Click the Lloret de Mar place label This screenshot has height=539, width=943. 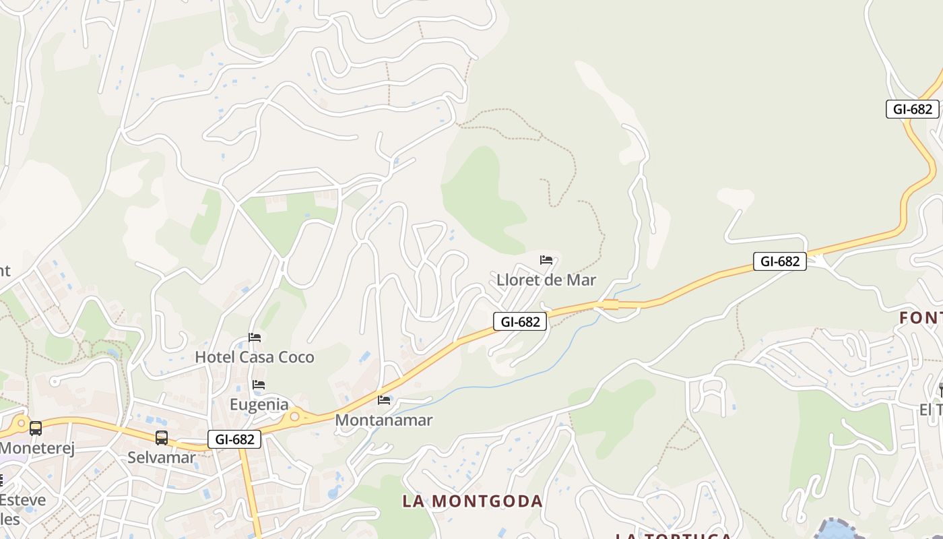coord(546,280)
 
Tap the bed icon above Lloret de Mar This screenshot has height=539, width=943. coord(546,260)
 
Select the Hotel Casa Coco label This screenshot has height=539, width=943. coord(255,357)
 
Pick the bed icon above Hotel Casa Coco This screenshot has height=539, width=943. coord(255,337)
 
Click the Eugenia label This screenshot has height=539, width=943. coord(259,405)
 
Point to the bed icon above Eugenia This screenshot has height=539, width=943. coord(259,385)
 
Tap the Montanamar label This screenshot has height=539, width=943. coord(384,420)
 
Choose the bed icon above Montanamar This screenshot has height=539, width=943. coord(384,400)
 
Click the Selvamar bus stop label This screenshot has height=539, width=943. coord(162,457)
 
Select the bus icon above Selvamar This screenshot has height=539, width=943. coord(162,438)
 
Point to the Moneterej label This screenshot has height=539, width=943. coord(37,448)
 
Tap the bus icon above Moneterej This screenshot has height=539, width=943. coord(36,429)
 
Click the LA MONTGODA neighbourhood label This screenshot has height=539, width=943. coord(473,501)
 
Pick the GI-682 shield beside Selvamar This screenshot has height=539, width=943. coord(234,440)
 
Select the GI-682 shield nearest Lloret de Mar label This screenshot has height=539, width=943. coord(519,321)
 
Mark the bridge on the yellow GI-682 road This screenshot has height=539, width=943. coord(610,305)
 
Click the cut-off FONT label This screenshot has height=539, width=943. coord(921,318)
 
